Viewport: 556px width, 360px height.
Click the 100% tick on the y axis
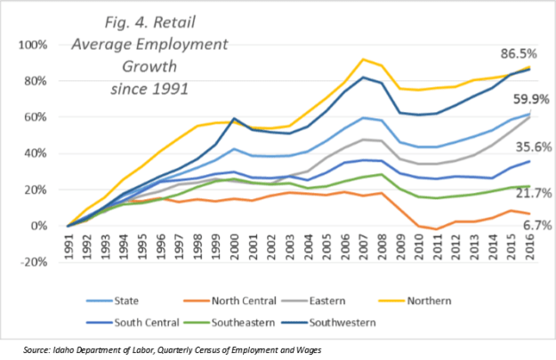pos(42,44)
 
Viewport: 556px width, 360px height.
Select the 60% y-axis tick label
pos(45,117)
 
